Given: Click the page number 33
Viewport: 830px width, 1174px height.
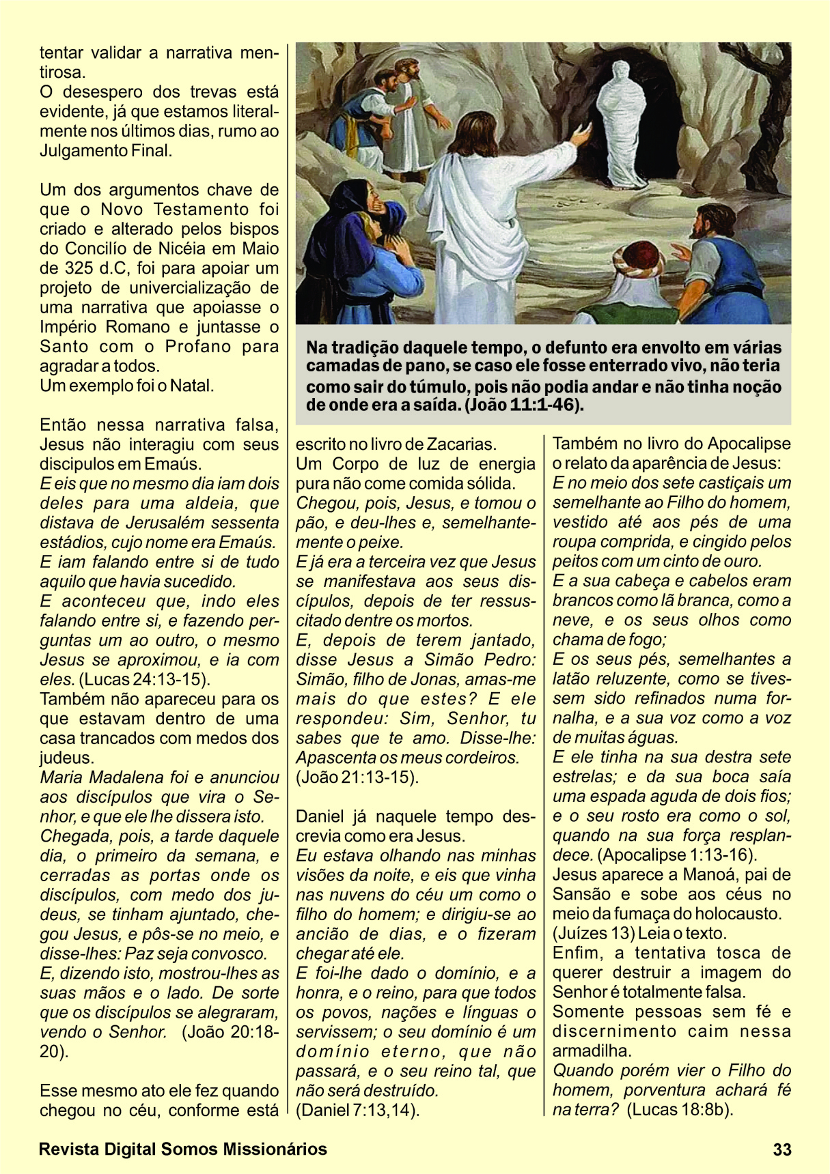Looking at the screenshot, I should (782, 1149).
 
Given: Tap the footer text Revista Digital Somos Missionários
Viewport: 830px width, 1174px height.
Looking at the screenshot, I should (183, 1149).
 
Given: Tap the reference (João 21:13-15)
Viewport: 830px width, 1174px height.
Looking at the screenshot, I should (357, 777).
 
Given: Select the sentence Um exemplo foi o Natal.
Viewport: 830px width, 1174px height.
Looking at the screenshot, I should (127, 386).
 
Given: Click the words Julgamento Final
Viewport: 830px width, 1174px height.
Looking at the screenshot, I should (106, 150).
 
